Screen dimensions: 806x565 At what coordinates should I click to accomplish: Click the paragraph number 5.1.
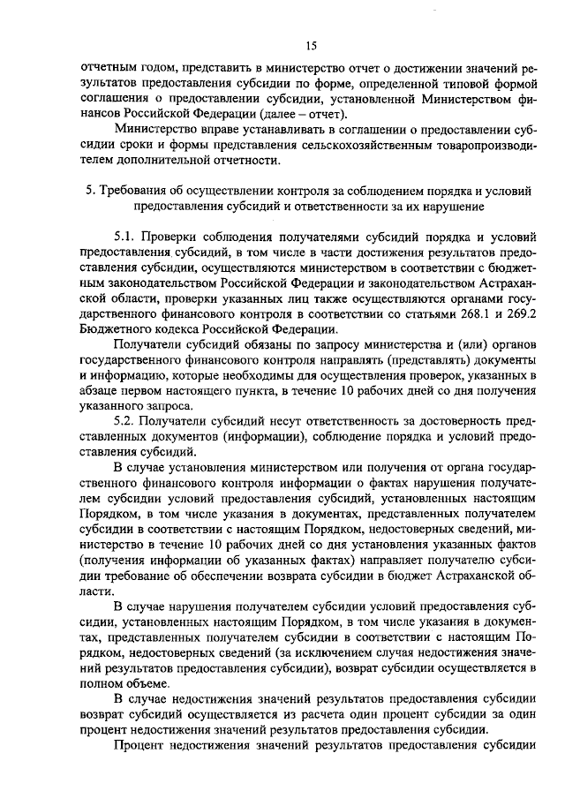click(132, 238)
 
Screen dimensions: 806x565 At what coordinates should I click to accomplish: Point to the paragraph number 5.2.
click(131, 421)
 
